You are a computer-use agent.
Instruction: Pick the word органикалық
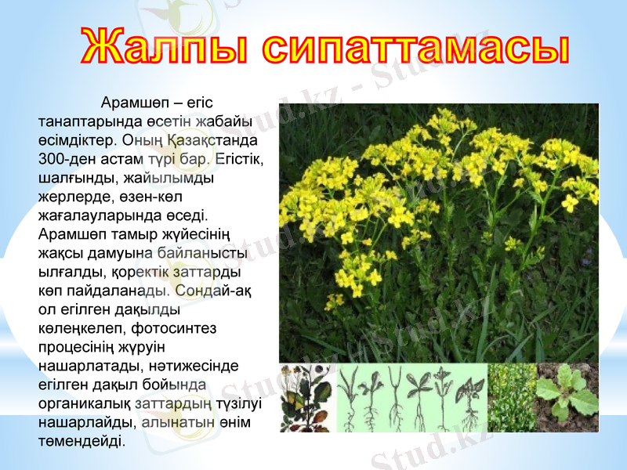[85, 403]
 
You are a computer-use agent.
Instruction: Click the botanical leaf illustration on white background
[306, 398]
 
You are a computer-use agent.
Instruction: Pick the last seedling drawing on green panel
[470, 398]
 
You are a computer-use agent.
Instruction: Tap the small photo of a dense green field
[511, 398]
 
